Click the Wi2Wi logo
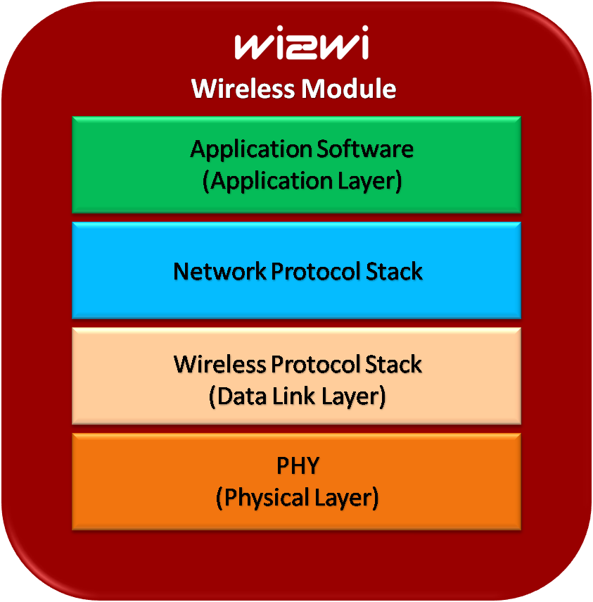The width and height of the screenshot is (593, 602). click(x=301, y=46)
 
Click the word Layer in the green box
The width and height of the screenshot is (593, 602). click(x=371, y=181)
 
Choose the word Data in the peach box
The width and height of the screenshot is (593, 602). click(x=237, y=396)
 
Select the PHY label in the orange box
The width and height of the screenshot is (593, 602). click(x=297, y=466)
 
